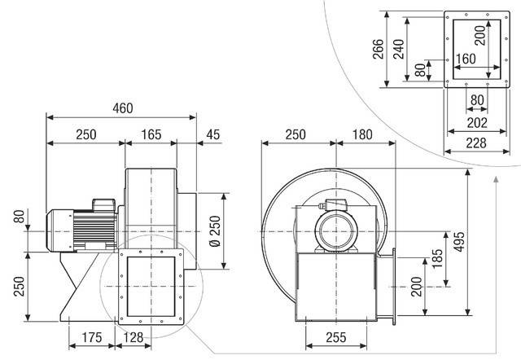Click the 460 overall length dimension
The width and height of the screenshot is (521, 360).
point(121,108)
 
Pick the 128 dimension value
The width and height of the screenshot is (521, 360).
point(134,336)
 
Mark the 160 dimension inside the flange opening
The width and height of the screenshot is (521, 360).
point(466,59)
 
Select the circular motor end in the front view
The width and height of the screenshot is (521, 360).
point(335,228)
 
